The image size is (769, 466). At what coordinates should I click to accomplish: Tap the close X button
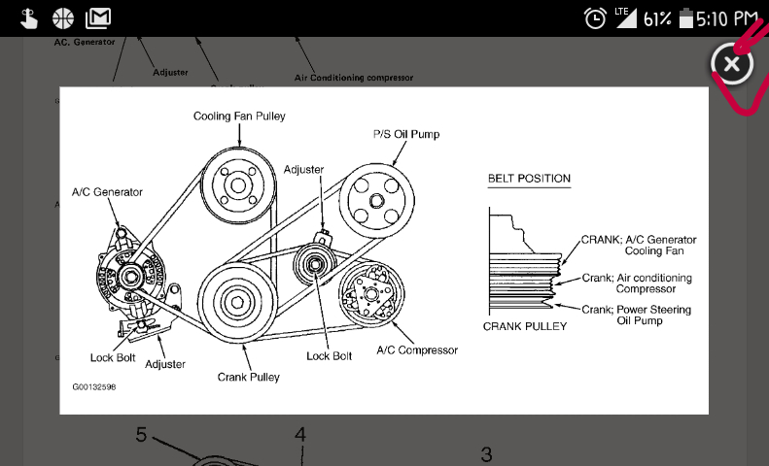click(x=731, y=64)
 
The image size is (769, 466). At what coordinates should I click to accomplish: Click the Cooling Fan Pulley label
click(x=239, y=116)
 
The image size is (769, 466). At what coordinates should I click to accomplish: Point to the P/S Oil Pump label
click(x=406, y=134)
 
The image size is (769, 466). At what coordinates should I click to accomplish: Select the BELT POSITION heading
click(x=529, y=179)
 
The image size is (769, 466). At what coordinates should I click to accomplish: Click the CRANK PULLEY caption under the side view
click(x=525, y=327)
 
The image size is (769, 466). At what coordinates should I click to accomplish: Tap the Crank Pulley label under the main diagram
click(x=249, y=377)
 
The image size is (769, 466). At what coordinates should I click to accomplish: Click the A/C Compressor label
click(x=417, y=350)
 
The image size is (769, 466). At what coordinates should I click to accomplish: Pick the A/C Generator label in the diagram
click(x=107, y=192)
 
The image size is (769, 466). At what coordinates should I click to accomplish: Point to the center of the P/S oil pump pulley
click(x=377, y=201)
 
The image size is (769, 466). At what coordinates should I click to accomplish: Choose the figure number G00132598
click(x=95, y=386)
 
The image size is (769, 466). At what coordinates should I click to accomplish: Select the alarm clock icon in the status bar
click(x=595, y=17)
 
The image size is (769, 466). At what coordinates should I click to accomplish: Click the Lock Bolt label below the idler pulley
click(x=330, y=356)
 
